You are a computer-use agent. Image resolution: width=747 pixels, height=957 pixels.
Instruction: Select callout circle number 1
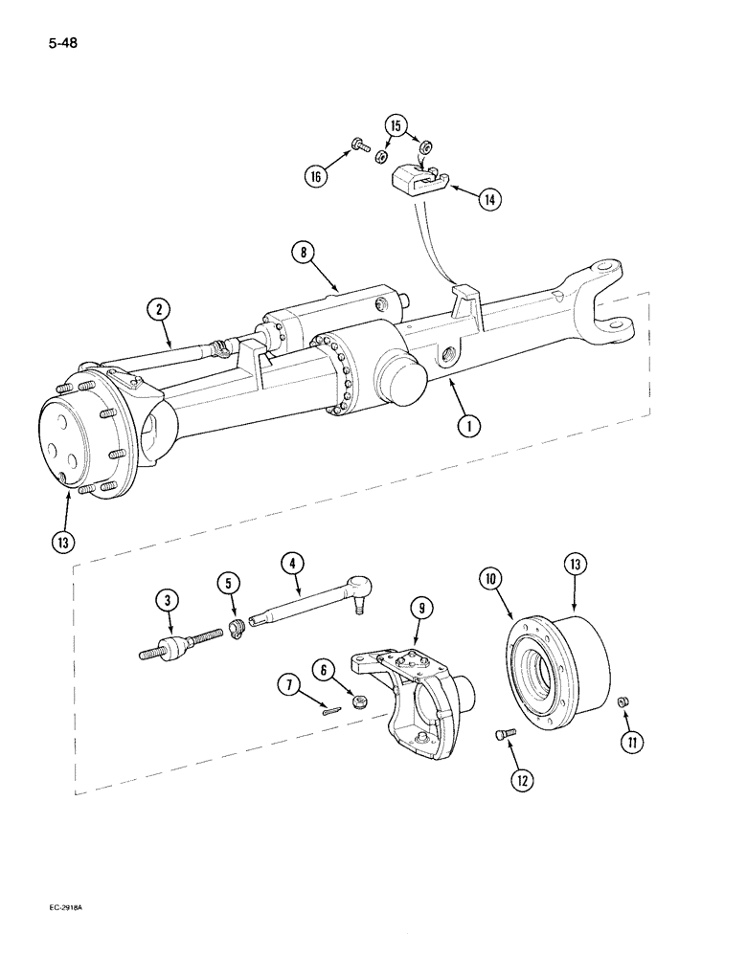coord(468,427)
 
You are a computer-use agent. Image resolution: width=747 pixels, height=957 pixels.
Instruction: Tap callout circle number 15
coord(398,125)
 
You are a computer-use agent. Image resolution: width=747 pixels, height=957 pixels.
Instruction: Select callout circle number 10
coord(490,580)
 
